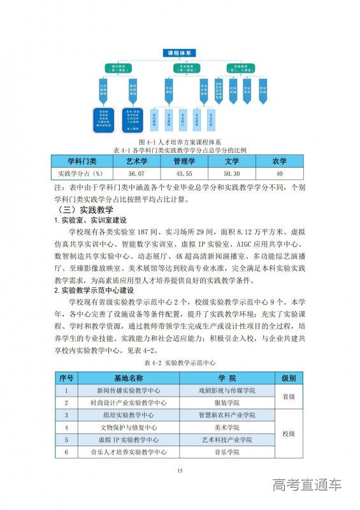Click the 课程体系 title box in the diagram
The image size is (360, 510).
179,52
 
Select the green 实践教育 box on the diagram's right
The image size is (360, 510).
240,67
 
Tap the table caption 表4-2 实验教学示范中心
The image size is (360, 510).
179,361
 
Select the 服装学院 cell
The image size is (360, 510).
226,402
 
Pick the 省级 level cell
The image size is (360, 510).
288,396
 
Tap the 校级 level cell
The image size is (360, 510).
288,433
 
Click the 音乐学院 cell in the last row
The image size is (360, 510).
226,452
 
